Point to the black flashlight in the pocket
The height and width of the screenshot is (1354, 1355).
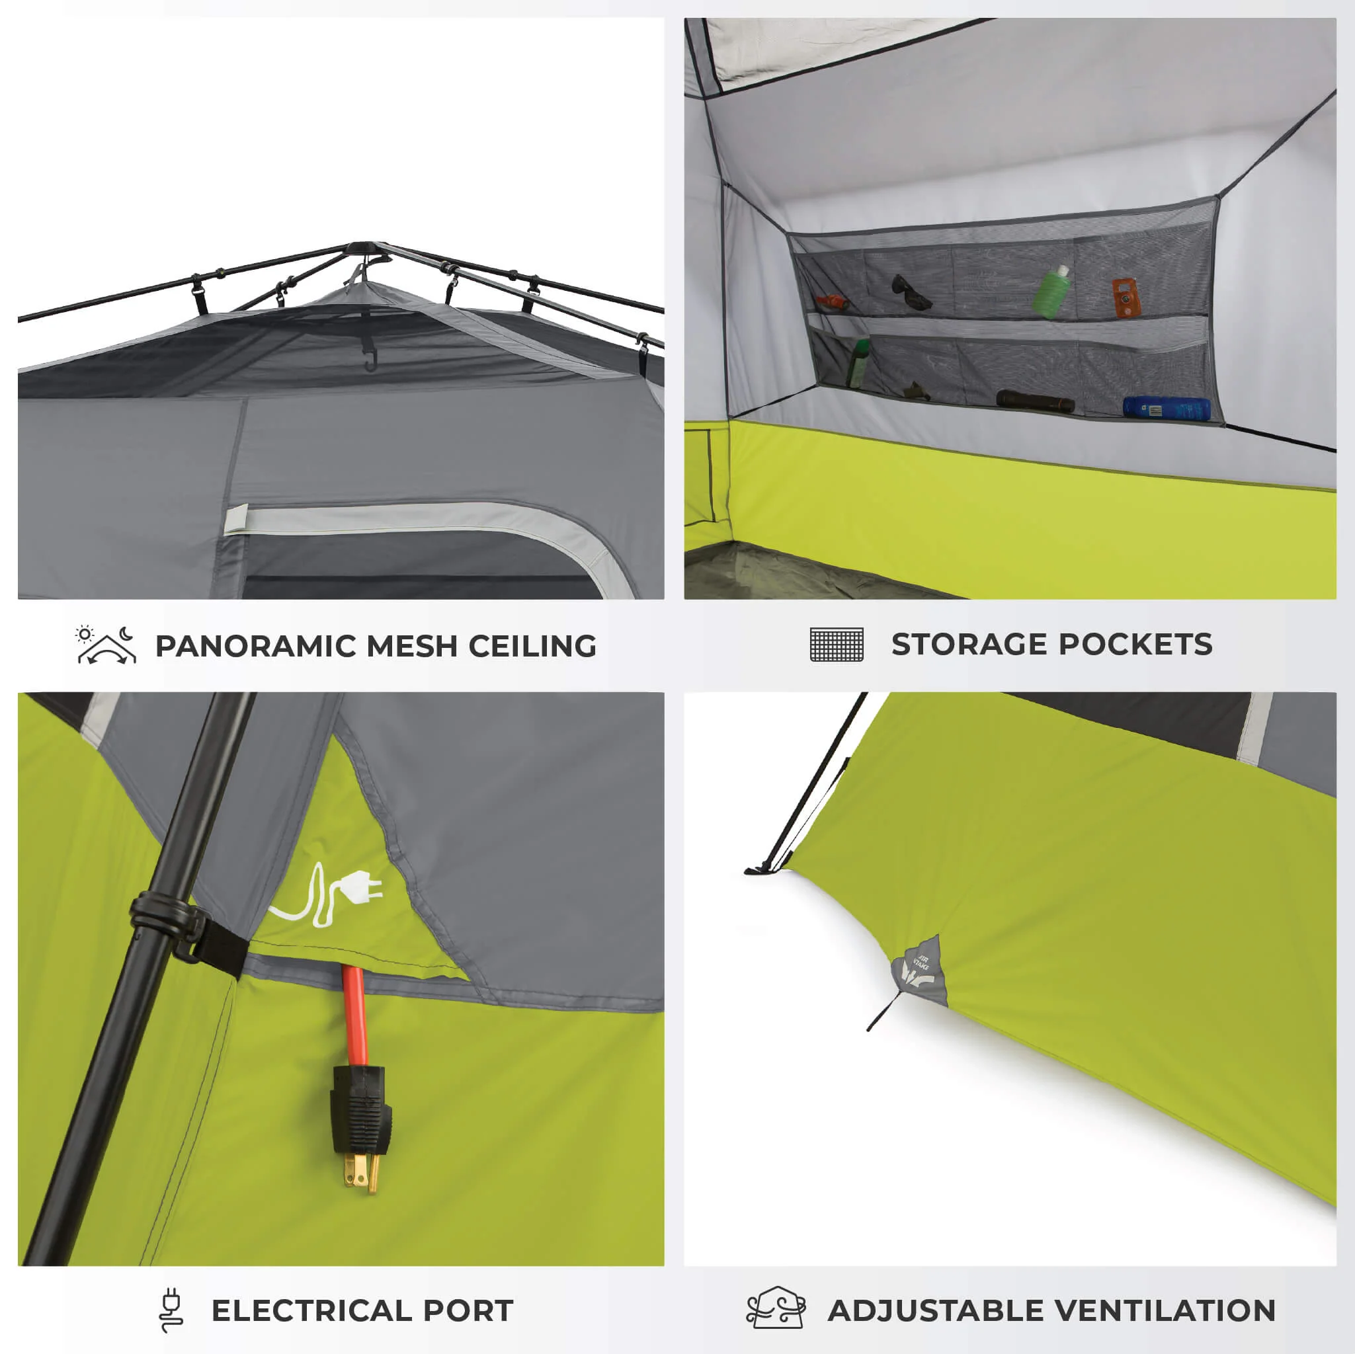pos(1035,402)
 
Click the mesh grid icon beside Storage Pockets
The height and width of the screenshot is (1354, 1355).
pos(837,645)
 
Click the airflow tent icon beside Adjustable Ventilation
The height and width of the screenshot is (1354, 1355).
pos(776,1308)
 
